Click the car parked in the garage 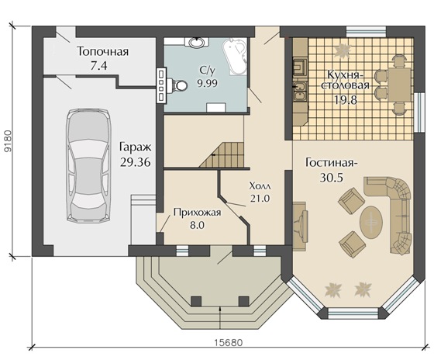(x=88, y=165)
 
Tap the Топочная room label (x=103, y=52)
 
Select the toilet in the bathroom (x=179, y=85)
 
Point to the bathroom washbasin (x=197, y=43)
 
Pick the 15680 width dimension (x=229, y=343)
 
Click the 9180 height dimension (x=9, y=141)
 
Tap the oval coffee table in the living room (x=371, y=222)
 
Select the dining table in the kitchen (x=399, y=85)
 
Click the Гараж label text (x=136, y=147)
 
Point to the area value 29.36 (x=136, y=162)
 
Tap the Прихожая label (x=197, y=213)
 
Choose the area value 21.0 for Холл (x=260, y=198)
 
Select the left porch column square (x=196, y=301)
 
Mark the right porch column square (x=244, y=301)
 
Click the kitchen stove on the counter (x=300, y=67)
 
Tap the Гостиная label (x=332, y=163)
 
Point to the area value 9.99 (x=208, y=82)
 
